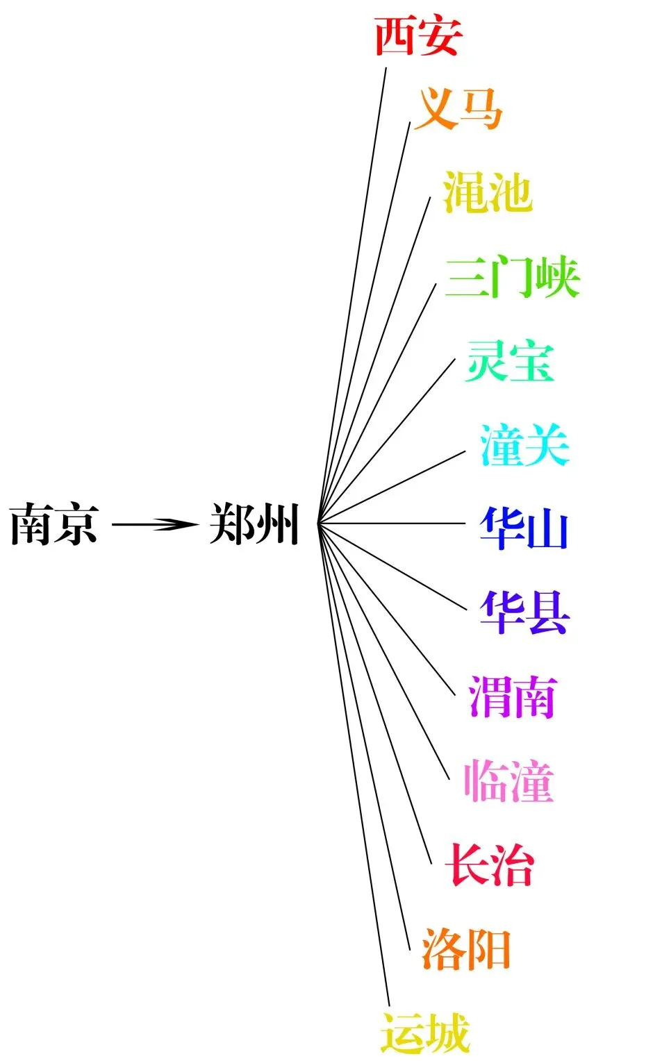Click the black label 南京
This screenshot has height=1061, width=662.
coord(53,524)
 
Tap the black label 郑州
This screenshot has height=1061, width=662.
coord(254,524)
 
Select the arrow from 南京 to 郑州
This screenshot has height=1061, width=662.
coord(154,524)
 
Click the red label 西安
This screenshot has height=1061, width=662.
coord(417,36)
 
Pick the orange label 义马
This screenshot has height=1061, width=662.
coord(458,108)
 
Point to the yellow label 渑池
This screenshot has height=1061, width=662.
coord(487,192)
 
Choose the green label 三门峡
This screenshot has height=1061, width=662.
coord(512,277)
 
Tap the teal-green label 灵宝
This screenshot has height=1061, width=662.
coord(510,361)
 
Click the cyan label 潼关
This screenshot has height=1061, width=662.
coord(524,445)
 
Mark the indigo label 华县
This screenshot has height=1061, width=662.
coord(524,612)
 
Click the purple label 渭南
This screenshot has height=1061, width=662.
coord(513,696)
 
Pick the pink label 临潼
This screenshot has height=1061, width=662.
coord(508,781)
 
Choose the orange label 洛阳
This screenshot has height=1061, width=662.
coord(466,949)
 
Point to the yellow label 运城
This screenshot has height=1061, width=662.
coord(425,1033)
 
